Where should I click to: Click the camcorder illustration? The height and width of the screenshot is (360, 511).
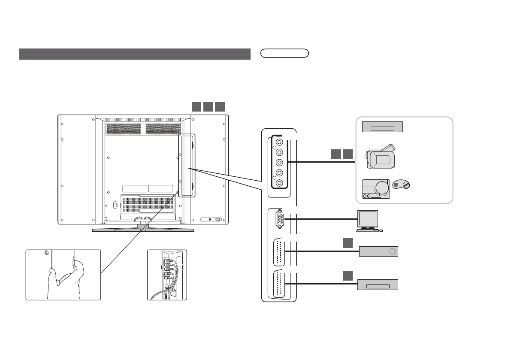[x=380, y=157]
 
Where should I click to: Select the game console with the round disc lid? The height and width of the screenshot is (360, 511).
[x=376, y=189]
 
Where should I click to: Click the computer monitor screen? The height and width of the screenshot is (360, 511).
[x=368, y=219]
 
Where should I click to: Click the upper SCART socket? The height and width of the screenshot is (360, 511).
[x=279, y=251]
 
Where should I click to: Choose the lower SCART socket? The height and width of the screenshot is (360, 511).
[x=279, y=284]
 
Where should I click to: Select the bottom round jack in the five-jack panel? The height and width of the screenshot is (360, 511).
[x=280, y=183]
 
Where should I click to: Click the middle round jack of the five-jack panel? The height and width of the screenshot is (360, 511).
[x=280, y=162]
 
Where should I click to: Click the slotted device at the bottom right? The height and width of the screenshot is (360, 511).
[x=378, y=285]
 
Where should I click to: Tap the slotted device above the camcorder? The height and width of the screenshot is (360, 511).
[x=382, y=127]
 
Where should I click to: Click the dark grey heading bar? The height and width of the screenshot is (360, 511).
[x=135, y=54]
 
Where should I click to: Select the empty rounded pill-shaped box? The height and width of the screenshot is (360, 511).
[x=285, y=54]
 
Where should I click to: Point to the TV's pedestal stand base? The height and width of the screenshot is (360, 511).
[x=143, y=230]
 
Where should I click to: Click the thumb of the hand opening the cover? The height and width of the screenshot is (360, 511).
[x=51, y=271]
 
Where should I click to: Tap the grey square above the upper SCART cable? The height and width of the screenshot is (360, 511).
[x=348, y=243]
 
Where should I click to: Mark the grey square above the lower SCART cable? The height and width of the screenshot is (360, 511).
[x=348, y=275]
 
